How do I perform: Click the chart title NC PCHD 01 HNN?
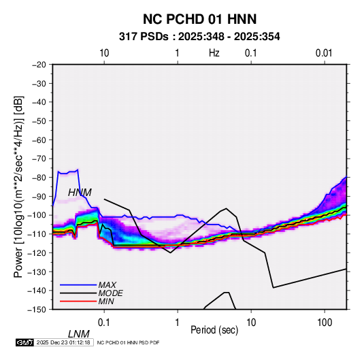[x=199, y=19]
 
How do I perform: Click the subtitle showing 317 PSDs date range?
[x=199, y=37]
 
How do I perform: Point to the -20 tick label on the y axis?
[x=39, y=65]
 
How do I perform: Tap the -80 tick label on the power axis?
[x=39, y=178]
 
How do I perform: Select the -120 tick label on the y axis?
[x=37, y=252]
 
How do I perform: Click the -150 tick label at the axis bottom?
[x=37, y=310]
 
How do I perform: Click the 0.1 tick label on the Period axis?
[x=104, y=323]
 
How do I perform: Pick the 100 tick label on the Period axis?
[x=325, y=323]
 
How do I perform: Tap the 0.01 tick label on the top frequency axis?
[x=324, y=53]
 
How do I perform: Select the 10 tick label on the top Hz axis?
[x=104, y=53]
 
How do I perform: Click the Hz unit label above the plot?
[x=214, y=53]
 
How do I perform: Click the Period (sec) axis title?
[x=214, y=330]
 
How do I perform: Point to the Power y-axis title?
[x=18, y=186]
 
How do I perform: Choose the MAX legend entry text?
[x=107, y=285]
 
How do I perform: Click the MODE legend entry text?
[x=110, y=293]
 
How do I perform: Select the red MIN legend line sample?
[x=78, y=301]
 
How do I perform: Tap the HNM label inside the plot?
[x=80, y=193]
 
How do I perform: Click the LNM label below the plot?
[x=79, y=334]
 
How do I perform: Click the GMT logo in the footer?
[x=24, y=342]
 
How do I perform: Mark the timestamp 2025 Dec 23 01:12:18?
[x=63, y=342]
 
